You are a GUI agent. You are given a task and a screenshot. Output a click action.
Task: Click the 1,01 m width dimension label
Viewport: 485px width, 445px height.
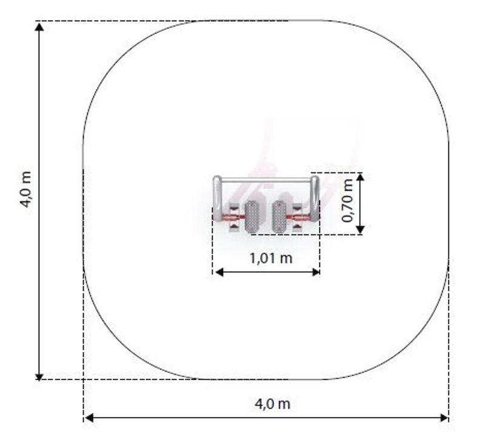tap(271, 258)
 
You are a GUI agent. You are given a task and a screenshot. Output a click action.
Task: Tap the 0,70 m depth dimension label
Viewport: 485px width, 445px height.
tap(347, 201)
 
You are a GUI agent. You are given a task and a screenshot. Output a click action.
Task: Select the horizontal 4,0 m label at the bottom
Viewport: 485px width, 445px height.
tap(272, 404)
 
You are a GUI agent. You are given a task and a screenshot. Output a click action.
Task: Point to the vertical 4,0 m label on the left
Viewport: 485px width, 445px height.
tap(25, 189)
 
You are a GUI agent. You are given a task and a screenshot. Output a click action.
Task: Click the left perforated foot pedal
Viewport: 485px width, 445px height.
tap(252, 217)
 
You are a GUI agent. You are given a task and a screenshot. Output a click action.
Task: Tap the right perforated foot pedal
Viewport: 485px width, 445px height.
tap(279, 217)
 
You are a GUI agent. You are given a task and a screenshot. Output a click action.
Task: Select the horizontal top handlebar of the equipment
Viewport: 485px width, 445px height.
tap(266, 180)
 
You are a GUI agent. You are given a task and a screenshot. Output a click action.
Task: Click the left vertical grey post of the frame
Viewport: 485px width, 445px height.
tap(217, 199)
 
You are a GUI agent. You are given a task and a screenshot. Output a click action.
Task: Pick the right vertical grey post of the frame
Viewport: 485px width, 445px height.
tap(315, 199)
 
